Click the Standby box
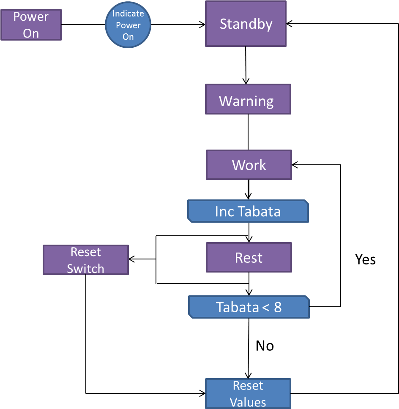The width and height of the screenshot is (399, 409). pos(246,24)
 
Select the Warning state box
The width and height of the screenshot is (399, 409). pos(248,99)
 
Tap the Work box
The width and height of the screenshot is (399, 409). pos(249,165)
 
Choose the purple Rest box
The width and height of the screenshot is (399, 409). pos(249,257)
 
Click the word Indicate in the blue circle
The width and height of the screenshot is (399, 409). pos(128,14)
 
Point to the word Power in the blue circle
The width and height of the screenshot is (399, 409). pos(128,25)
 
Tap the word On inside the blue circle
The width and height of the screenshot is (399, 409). pos(128,37)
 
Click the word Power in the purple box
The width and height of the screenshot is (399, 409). pos(31,17)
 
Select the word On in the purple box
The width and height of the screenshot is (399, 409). pos(31,33)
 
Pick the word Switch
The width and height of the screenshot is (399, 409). pos(85,269)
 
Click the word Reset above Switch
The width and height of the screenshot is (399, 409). pos(86,252)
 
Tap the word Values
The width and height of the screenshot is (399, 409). pos(248,402)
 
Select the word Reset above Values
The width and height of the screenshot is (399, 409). pos(248,386)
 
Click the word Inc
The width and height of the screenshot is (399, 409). pos(224,211)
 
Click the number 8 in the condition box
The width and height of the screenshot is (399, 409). pos(278,307)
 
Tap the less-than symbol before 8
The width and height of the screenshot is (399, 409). pos(265,308)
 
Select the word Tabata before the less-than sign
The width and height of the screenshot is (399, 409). pos(237,307)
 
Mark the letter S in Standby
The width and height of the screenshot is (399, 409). pos(224,24)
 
